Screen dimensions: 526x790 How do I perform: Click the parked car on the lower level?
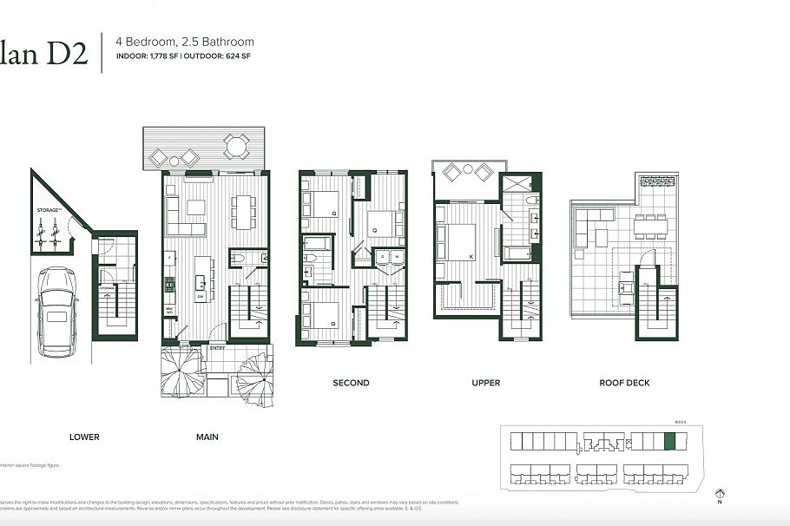pyautogui.click(x=55, y=312)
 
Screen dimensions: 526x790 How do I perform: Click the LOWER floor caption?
pyautogui.click(x=84, y=437)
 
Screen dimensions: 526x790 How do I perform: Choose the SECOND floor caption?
pyautogui.click(x=351, y=383)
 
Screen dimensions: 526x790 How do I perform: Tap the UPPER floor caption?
pyautogui.click(x=486, y=383)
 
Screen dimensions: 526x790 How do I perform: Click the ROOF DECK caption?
pyautogui.click(x=624, y=383)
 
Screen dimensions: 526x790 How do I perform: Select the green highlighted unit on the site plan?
pyautogui.click(x=668, y=442)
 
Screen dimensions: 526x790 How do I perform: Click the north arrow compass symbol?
pyautogui.click(x=719, y=493)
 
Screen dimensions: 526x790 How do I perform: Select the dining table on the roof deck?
pyautogui.click(x=650, y=227)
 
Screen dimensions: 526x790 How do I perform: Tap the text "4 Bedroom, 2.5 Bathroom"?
pyautogui.click(x=185, y=41)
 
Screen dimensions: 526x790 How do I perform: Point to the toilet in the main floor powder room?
pyautogui.click(x=240, y=259)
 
